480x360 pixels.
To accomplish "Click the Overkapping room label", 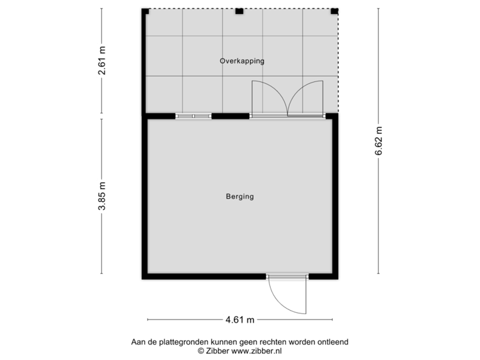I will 242,61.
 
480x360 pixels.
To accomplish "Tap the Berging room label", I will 239,197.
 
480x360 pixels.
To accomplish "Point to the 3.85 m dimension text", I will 102,197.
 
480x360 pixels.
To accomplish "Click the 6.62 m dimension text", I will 379,141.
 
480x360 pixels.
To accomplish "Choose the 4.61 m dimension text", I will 240,319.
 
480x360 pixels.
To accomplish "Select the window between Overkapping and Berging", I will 193,116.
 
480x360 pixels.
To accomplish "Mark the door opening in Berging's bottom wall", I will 287,277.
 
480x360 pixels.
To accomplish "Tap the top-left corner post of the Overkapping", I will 144,11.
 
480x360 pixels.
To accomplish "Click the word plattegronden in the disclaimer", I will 175,342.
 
